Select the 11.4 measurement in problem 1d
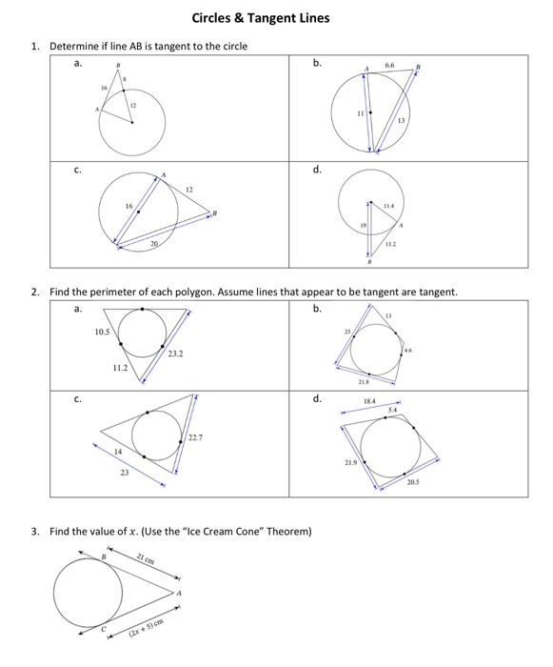point(388,205)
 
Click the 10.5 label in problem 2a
point(104,332)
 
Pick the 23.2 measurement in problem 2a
point(175,354)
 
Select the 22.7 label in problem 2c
point(195,437)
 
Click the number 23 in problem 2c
point(124,474)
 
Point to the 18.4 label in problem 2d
point(369,402)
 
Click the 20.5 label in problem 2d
point(412,482)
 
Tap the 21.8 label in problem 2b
point(365,381)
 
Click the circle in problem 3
point(88,591)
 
